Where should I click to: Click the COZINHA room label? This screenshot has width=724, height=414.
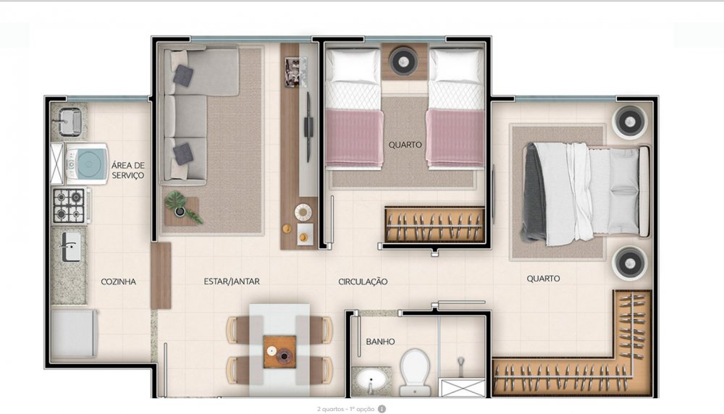pos(118,282)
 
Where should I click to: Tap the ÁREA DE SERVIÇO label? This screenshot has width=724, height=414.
pos(128,170)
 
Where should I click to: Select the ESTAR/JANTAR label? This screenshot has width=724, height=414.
pos(232,281)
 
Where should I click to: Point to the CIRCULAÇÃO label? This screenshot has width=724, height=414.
pos(363,282)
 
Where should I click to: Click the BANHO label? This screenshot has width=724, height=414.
pos(381,342)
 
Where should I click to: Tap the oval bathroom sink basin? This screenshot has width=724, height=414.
pos(371,381)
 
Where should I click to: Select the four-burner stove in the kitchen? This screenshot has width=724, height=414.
pos(70,206)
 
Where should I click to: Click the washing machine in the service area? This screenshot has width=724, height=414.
pos(86,164)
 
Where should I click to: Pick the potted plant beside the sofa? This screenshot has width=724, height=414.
pos(182,207)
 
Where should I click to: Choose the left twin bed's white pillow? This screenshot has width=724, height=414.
pos(353,67)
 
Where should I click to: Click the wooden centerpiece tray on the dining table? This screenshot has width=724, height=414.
pos(279,352)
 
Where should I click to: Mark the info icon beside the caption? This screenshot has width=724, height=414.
pos(382,409)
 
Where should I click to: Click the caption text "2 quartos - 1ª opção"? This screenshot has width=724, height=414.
pos(346,409)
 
